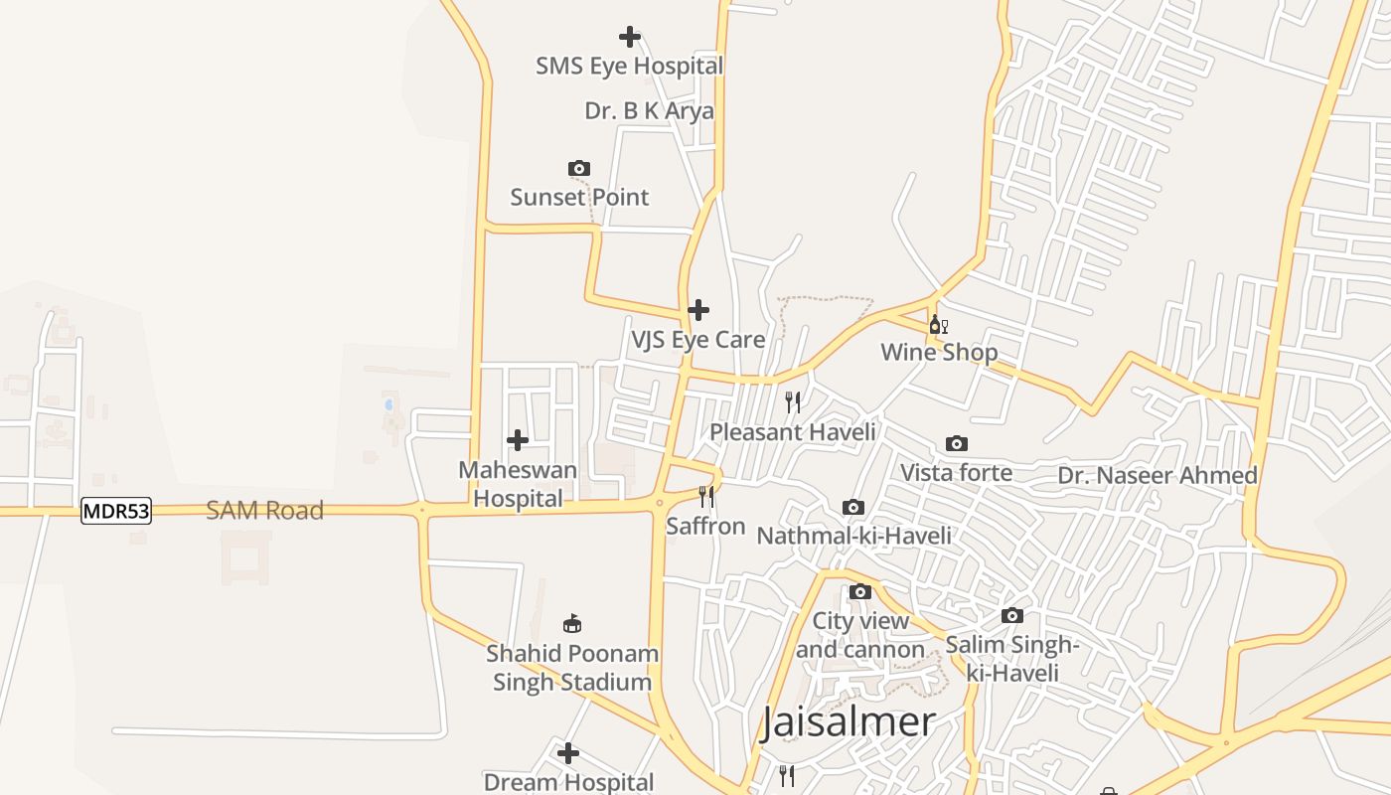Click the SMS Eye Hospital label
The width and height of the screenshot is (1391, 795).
point(629,67)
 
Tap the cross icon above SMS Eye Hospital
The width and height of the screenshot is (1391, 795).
point(629,37)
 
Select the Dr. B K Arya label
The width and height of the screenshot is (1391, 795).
point(649,111)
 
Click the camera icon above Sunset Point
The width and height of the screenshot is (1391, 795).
point(579,168)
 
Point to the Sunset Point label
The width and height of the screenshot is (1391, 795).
point(579,197)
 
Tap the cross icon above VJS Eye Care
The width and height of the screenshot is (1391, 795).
point(698,310)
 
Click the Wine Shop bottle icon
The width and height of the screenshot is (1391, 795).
point(938,324)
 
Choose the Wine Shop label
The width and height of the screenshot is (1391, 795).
point(939,353)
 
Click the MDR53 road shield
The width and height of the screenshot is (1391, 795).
point(116,512)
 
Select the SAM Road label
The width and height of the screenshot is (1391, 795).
point(264,511)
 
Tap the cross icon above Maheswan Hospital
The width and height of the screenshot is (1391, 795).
point(518,439)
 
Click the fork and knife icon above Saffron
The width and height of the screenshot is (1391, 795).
point(706,496)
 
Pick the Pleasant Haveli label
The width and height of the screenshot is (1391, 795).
point(793,432)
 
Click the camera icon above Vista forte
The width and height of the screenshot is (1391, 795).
point(957,443)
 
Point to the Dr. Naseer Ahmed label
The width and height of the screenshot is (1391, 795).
point(1158,476)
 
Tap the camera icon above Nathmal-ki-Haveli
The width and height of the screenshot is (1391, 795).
point(853,508)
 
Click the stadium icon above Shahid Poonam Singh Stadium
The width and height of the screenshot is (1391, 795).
point(572,624)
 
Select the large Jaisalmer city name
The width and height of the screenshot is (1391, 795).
point(849,722)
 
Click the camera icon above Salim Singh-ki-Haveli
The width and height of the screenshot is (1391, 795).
point(1012,616)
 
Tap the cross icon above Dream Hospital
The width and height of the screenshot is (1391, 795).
point(568,753)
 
